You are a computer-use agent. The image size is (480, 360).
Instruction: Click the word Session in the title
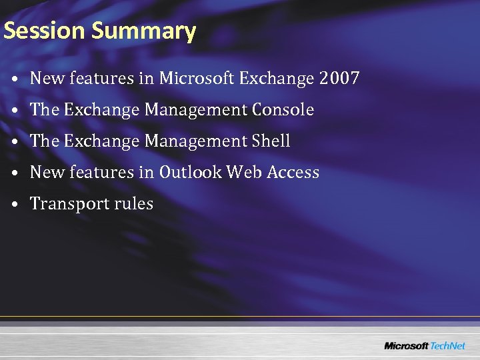coord(45,31)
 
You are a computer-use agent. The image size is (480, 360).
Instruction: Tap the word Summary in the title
coord(143,31)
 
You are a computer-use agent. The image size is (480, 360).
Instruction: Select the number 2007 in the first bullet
coord(339,79)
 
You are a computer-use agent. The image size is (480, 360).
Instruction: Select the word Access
coord(293,173)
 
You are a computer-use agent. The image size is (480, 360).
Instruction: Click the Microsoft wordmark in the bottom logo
coord(407,346)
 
